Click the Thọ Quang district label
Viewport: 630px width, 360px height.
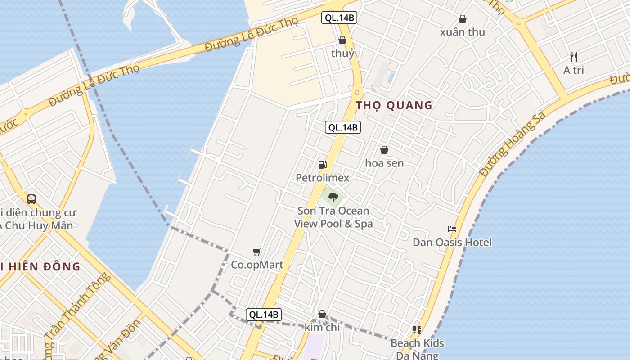click(394, 105)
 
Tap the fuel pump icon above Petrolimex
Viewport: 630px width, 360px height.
click(322, 165)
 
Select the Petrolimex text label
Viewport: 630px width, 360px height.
click(322, 178)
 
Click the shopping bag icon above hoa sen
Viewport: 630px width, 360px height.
click(384, 150)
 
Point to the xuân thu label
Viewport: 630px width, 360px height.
click(462, 32)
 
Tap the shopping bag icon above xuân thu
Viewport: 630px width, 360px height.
click(462, 19)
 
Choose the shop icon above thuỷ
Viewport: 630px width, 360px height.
click(342, 40)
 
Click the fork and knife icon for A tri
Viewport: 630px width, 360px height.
click(574, 57)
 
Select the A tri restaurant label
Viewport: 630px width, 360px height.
click(574, 71)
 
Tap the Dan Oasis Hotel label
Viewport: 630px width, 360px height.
click(452, 243)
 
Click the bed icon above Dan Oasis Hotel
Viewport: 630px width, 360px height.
click(452, 229)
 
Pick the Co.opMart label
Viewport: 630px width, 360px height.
click(257, 265)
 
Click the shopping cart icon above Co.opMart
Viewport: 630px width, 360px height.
click(257, 252)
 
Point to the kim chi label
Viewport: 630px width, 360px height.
click(322, 327)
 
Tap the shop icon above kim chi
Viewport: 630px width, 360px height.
click(322, 314)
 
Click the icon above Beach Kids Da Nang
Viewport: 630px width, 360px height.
click(417, 330)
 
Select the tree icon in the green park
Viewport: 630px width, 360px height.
click(333, 197)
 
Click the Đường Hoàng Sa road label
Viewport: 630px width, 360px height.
click(513, 144)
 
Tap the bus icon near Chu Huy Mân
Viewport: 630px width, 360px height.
click(31, 199)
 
